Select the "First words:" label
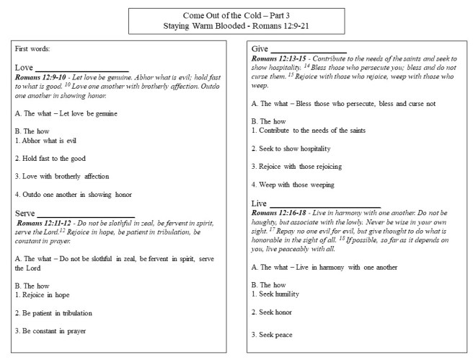tap(32, 49)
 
